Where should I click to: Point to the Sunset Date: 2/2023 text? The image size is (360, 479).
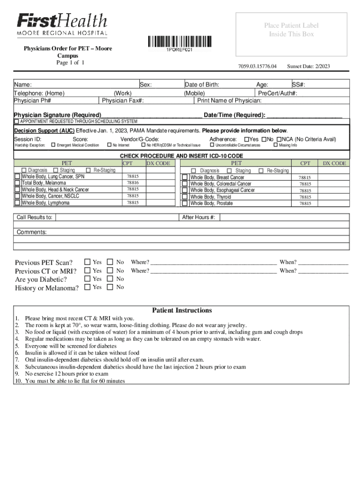pyautogui.click(x=309, y=66)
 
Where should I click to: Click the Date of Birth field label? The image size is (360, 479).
pyautogui.click(x=202, y=85)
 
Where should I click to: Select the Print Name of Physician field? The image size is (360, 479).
pyautogui.click(x=230, y=101)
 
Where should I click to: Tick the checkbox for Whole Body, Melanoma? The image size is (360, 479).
pyautogui.click(x=17, y=183)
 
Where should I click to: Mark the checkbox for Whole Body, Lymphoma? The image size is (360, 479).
pyautogui.click(x=17, y=203)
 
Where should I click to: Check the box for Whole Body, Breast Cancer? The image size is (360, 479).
pyautogui.click(x=185, y=177)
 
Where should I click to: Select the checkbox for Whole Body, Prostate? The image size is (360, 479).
pyautogui.click(x=185, y=203)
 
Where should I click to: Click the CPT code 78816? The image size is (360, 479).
pyautogui.click(x=133, y=183)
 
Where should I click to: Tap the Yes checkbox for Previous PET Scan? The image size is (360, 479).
pyautogui.click(x=87, y=262)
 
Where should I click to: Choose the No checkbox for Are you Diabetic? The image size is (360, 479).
pyautogui.click(x=110, y=279)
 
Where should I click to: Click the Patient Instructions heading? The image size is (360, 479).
pyautogui.click(x=182, y=310)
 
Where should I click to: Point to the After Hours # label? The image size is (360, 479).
pyautogui.click(x=199, y=218)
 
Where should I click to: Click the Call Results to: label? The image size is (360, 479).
pyautogui.click(x=35, y=218)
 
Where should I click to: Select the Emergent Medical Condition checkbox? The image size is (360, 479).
pyautogui.click(x=53, y=145)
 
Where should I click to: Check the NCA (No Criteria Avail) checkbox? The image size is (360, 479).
pyautogui.click(x=279, y=139)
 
